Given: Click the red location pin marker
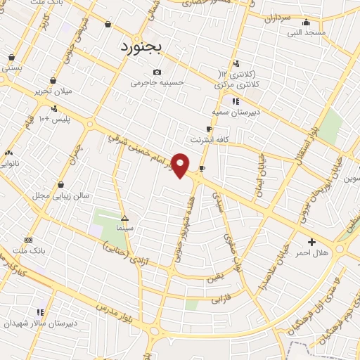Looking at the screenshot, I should click(x=181, y=165).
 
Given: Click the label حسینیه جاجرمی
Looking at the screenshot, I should click(x=157, y=82).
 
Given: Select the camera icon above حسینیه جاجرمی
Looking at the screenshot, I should click(x=157, y=72).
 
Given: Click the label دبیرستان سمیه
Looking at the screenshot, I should click(x=236, y=111).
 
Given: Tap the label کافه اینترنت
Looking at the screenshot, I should click(x=214, y=140).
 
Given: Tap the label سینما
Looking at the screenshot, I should click(x=125, y=229).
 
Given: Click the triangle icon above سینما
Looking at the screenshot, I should click(x=124, y=218).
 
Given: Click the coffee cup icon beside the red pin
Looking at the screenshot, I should click(x=202, y=169).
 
